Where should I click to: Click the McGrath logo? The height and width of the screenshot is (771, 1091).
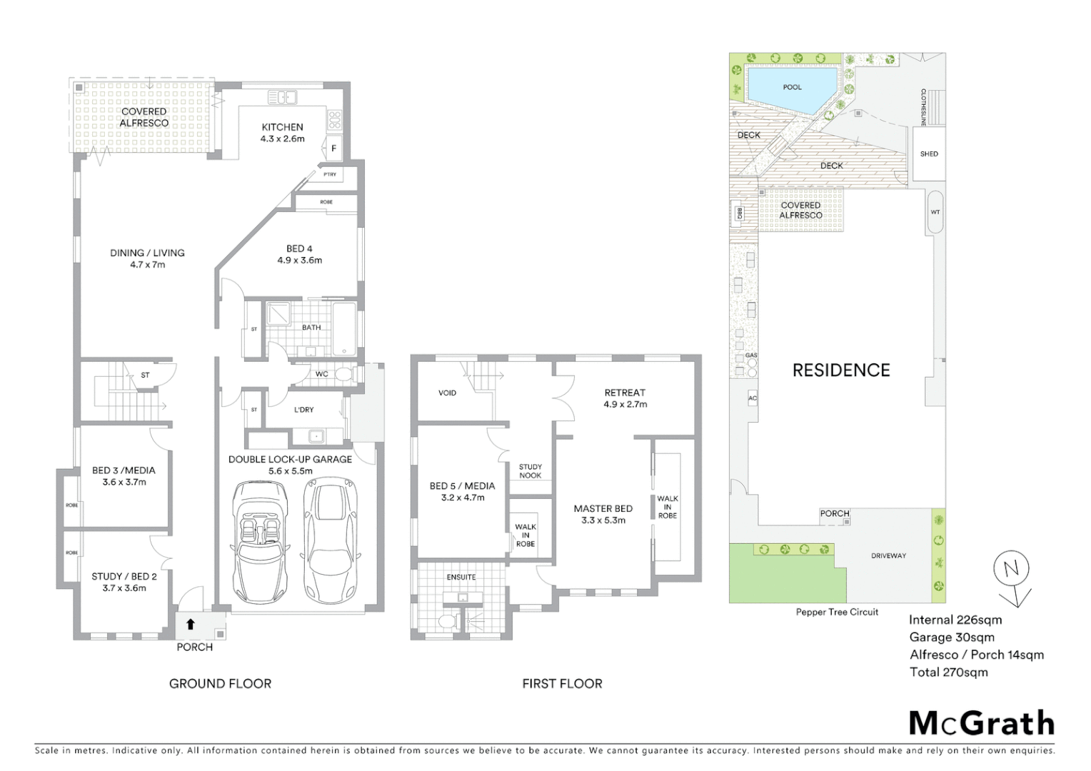[981, 723]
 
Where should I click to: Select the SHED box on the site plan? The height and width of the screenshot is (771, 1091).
[928, 153]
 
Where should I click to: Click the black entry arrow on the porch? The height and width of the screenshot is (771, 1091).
[191, 624]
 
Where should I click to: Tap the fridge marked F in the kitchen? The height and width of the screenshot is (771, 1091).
[333, 148]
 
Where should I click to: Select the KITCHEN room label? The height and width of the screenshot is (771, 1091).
[283, 127]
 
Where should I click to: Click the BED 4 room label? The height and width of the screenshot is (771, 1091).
[299, 248]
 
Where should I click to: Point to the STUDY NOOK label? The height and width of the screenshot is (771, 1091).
[530, 471]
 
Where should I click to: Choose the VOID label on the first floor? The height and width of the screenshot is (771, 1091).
[447, 393]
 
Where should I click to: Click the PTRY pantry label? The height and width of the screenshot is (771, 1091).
[330, 174]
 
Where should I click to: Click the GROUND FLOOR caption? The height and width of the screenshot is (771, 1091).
[220, 683]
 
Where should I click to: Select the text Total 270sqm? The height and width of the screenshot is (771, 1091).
[948, 672]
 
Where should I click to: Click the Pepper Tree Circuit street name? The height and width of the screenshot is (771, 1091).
[837, 612]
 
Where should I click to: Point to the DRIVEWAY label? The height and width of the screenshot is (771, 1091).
[888, 555]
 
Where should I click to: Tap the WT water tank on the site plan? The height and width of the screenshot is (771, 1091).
[935, 212]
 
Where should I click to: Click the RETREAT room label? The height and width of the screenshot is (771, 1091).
[624, 393]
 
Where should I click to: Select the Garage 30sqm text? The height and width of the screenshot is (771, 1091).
[951, 638]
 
